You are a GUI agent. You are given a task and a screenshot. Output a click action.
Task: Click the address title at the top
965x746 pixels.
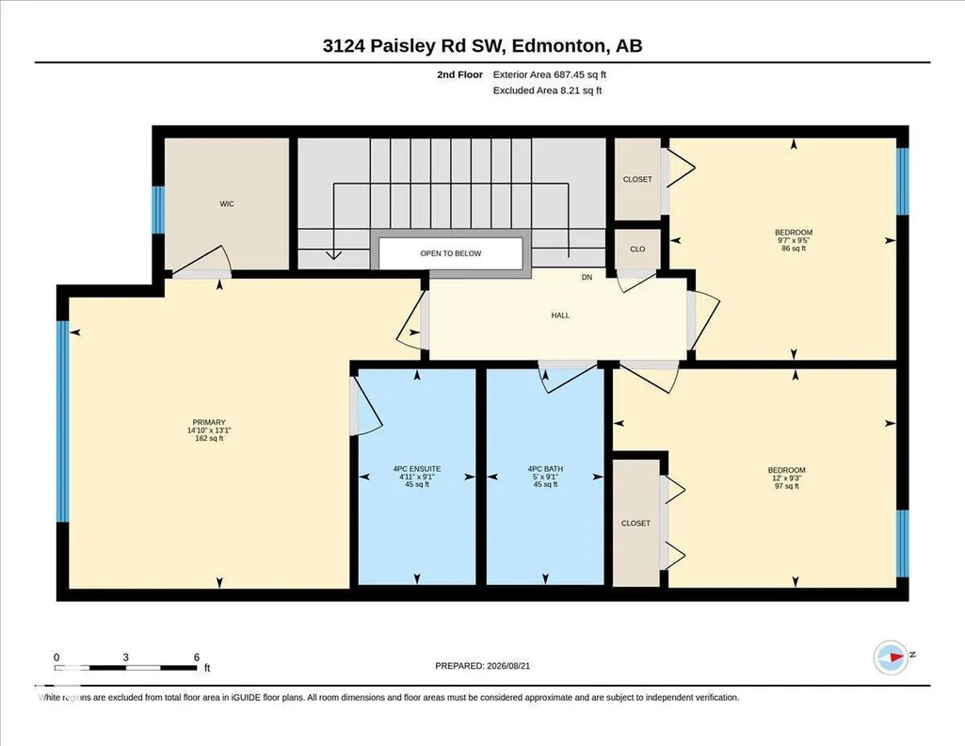click(482, 45)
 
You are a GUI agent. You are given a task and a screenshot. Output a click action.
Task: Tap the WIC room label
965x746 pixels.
click(227, 203)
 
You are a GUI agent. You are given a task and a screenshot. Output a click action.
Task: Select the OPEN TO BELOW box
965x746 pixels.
click(451, 253)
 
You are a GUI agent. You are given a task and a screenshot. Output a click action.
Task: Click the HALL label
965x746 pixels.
click(560, 316)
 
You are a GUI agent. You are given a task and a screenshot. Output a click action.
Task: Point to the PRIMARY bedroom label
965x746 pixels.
click(209, 422)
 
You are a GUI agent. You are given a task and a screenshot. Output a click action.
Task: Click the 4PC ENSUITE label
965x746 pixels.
click(417, 468)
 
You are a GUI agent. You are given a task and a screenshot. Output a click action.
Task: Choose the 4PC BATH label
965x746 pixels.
click(545, 468)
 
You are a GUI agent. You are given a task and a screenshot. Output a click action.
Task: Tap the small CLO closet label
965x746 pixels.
click(637, 250)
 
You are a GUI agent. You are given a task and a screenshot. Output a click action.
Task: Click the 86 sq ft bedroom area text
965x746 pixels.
click(794, 249)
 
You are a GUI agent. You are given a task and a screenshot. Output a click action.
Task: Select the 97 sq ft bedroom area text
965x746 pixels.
click(786, 486)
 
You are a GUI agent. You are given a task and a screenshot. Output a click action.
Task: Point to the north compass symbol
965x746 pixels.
click(892, 657)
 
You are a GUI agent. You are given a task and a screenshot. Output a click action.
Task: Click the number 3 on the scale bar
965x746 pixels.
click(125, 657)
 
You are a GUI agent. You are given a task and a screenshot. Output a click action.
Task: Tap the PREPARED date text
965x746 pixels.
click(482, 665)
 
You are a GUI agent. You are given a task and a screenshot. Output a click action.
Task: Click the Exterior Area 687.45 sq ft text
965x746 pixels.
click(550, 74)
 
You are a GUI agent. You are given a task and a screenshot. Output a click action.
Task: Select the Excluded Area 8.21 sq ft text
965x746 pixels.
click(547, 90)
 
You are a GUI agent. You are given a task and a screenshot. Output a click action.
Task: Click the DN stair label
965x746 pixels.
click(587, 278)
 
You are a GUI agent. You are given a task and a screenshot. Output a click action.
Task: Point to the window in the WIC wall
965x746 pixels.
click(158, 210)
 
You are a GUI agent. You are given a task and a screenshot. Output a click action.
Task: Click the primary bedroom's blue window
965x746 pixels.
click(63, 422)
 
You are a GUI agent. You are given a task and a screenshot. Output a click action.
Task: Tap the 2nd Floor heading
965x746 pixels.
click(459, 74)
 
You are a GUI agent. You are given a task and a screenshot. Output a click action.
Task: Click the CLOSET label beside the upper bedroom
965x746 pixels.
click(637, 179)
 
